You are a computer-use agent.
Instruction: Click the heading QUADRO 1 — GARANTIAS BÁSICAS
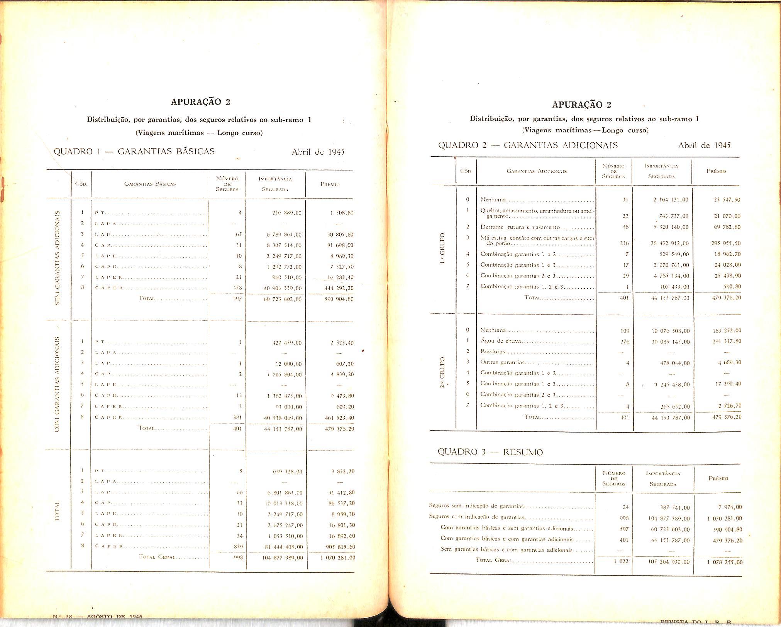tap(134, 152)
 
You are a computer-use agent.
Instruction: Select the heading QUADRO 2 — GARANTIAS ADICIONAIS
tap(527, 145)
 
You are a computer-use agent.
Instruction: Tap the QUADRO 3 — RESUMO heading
tap(490, 452)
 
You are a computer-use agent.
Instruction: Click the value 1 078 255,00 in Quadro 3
tap(724, 562)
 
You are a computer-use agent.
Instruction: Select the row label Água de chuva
tap(501, 341)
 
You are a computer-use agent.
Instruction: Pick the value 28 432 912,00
tap(669, 243)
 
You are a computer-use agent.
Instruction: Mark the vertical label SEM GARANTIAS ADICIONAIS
tap(57, 258)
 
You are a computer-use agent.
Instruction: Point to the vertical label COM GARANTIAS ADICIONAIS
tap(57, 384)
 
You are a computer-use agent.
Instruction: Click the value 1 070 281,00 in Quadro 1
tap(338, 558)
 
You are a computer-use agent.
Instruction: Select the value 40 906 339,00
tap(282, 288)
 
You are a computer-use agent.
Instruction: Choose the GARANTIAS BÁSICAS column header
tap(150, 184)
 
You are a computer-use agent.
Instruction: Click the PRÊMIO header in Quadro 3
tap(718, 478)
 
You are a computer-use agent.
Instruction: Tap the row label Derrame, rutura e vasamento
tap(520, 227)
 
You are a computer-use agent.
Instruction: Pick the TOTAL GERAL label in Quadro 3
tap(493, 560)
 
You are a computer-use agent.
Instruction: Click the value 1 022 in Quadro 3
tap(621, 561)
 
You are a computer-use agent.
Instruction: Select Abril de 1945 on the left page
tap(318, 152)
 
